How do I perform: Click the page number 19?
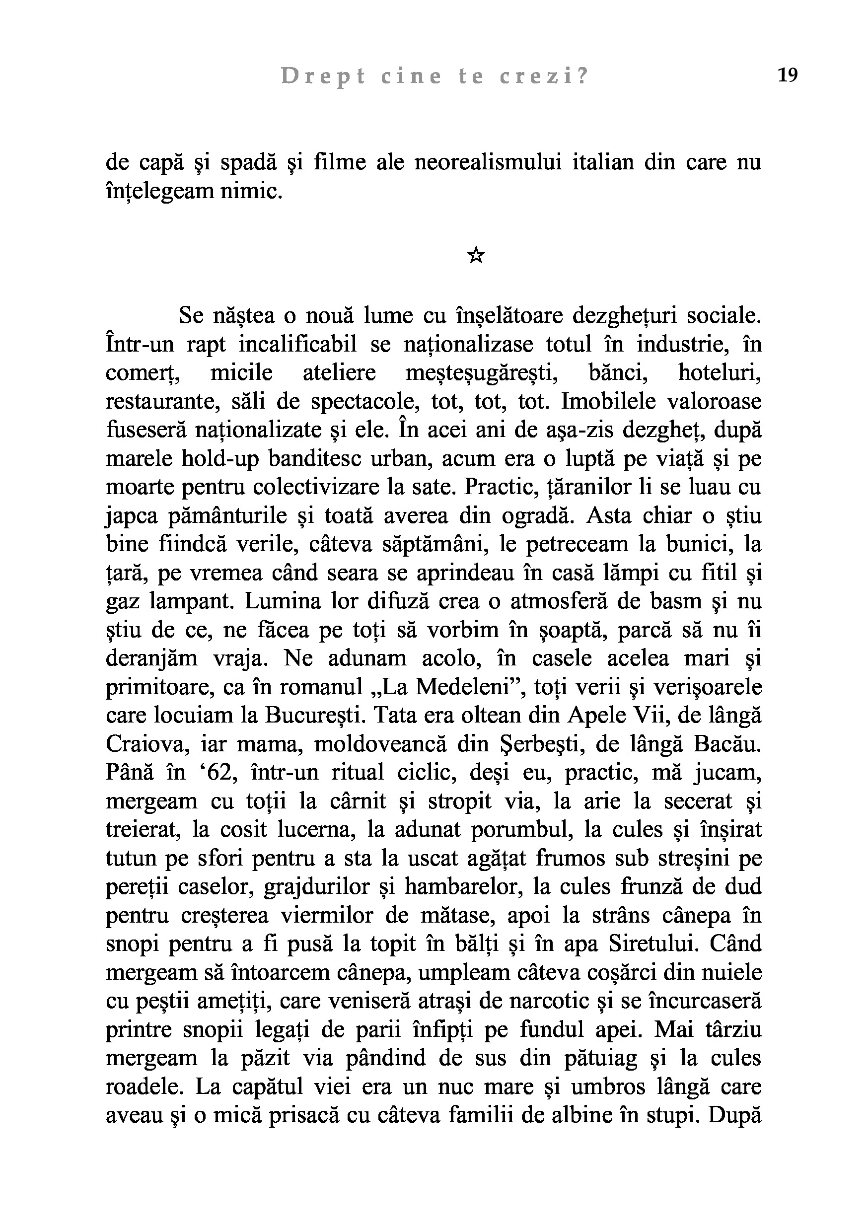point(788,75)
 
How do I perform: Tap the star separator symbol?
point(476,255)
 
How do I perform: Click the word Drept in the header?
point(322,77)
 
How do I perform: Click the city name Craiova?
point(144,744)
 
